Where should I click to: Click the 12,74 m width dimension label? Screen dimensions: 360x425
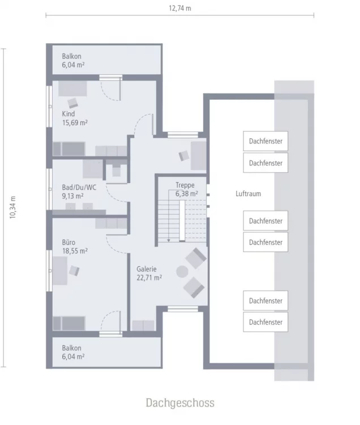pyautogui.click(x=180, y=8)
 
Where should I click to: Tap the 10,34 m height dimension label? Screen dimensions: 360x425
pyautogui.click(x=12, y=207)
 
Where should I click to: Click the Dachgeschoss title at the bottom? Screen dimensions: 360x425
pyautogui.click(x=180, y=403)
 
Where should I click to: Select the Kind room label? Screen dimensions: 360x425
pyautogui.click(x=68, y=114)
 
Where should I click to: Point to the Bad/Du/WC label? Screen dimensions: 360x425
pyautogui.click(x=79, y=188)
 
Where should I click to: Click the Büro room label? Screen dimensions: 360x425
pyautogui.click(x=68, y=243)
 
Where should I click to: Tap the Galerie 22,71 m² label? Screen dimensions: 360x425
pyautogui.click(x=149, y=273)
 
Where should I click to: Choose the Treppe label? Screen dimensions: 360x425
pyautogui.click(x=185, y=185)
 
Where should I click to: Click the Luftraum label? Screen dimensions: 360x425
pyautogui.click(x=248, y=194)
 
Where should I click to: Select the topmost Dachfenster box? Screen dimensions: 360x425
pyautogui.click(x=265, y=141)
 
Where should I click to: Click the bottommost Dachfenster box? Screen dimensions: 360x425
pyautogui.click(x=265, y=322)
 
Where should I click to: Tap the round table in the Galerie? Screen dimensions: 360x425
pyautogui.click(x=182, y=271)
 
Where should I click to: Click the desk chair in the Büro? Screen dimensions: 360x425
pyautogui.click(x=74, y=270)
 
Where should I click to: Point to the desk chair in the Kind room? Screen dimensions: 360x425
pyautogui.click(x=72, y=103)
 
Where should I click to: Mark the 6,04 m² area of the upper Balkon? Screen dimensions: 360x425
pyautogui.click(x=73, y=65)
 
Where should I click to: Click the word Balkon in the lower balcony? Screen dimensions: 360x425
pyautogui.click(x=71, y=348)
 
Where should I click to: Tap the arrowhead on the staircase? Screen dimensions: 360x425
pyautogui.click(x=169, y=240)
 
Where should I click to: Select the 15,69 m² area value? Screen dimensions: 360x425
pyautogui.click(x=75, y=123)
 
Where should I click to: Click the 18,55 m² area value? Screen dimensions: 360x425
pyautogui.click(x=75, y=251)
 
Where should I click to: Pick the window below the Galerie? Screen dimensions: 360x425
pyautogui.click(x=183, y=308)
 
